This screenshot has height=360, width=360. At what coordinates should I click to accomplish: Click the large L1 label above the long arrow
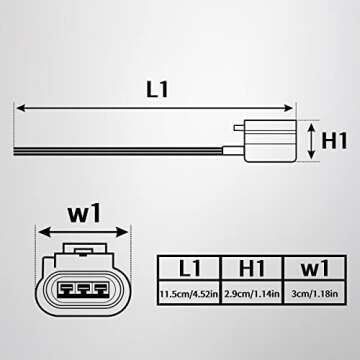coord(156,87)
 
